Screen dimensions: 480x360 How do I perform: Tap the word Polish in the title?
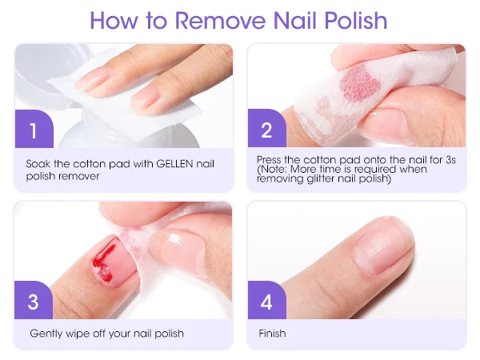point(356,21)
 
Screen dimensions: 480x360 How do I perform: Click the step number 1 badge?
point(34,129)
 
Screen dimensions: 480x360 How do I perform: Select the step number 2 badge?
point(266,128)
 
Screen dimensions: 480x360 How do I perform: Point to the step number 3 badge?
point(34,300)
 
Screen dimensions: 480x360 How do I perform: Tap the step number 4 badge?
point(266,300)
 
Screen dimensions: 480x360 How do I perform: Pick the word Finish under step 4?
point(272,333)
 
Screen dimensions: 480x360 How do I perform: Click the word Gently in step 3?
point(45,334)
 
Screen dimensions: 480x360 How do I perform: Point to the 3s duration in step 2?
point(450,160)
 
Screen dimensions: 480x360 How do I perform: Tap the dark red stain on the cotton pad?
point(361,82)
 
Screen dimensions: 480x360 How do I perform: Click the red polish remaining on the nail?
point(104,259)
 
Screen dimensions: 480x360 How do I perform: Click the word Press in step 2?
point(269,160)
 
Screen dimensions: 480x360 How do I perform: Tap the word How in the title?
point(114,21)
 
